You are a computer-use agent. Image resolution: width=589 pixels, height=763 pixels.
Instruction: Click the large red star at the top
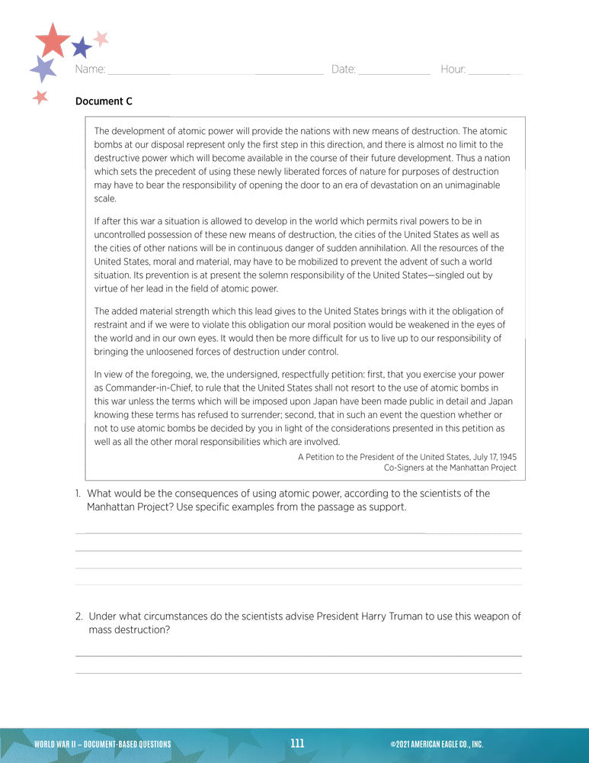[x=52, y=40]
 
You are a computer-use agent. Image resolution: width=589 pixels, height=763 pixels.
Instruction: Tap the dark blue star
[x=82, y=48]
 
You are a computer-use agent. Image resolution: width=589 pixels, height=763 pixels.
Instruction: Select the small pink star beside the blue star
[x=101, y=37]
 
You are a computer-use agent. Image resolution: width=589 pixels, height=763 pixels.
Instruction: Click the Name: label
[x=90, y=69]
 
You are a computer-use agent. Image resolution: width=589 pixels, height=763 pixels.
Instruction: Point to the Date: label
[x=344, y=69]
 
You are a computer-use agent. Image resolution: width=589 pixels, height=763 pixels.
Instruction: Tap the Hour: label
[x=453, y=69]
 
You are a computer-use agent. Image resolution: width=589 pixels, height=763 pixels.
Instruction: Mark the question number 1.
[x=78, y=494]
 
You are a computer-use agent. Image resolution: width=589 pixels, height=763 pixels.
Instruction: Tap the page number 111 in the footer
[x=297, y=743]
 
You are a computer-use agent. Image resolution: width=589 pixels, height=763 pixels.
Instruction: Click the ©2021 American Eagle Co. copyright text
[x=436, y=744]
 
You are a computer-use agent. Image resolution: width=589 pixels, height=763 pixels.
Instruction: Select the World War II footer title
[x=102, y=744]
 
